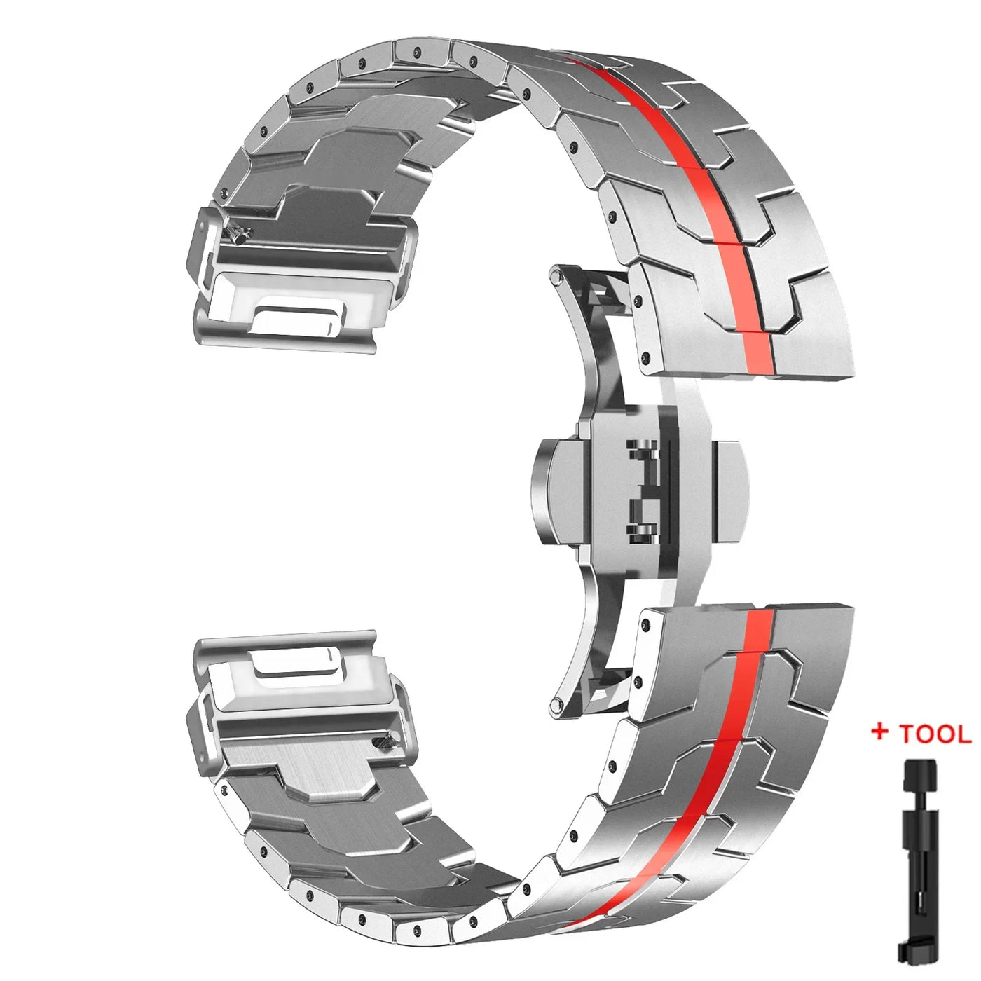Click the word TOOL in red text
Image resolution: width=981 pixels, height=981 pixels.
click(x=935, y=734)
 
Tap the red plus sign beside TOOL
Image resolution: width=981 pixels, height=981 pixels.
click(x=880, y=732)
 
